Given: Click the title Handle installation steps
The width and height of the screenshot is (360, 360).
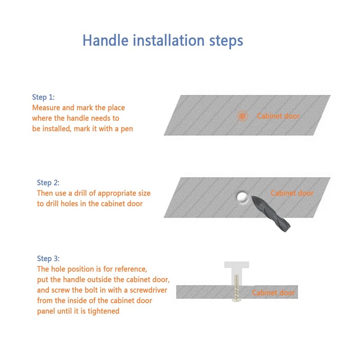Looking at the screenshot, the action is pyautogui.click(x=162, y=40).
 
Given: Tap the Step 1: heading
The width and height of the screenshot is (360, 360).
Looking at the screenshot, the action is pyautogui.click(x=43, y=97).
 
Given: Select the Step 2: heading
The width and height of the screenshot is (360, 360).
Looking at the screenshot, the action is pyautogui.click(x=48, y=183).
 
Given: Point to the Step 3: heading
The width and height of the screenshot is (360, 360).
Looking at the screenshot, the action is pyautogui.click(x=48, y=258).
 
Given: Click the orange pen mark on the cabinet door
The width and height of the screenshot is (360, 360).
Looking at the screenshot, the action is pyautogui.click(x=242, y=116).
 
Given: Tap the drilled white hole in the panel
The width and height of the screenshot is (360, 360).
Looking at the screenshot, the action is pyautogui.click(x=242, y=197).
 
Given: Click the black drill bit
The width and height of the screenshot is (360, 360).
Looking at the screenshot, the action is pyautogui.click(x=270, y=213).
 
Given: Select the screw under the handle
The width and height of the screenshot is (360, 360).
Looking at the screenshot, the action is pyautogui.click(x=237, y=288).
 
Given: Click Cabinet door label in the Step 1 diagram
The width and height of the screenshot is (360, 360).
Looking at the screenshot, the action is pyautogui.click(x=278, y=116).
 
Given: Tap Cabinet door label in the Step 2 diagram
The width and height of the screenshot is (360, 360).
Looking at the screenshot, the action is pyautogui.click(x=292, y=193).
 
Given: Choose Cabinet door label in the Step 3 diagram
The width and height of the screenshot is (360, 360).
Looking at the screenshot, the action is pyautogui.click(x=274, y=292).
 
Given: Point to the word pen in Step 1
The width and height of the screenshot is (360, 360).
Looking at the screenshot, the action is pyautogui.click(x=127, y=129).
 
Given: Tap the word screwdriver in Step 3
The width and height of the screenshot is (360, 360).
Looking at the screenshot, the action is pyautogui.click(x=148, y=290).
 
